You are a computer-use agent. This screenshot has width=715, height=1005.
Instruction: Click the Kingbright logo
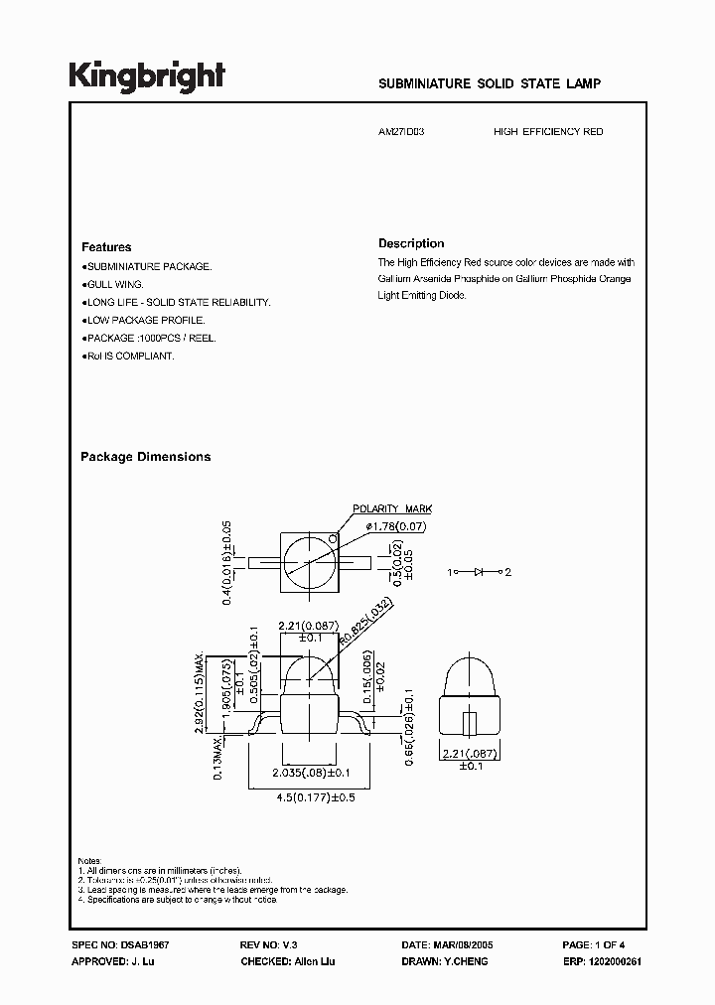147,76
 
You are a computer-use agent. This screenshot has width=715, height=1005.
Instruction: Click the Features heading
106,247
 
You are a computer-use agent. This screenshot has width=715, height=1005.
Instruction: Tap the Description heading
411,243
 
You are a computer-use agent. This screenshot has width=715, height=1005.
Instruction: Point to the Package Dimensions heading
145,457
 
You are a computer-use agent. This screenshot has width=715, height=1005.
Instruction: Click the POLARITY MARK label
393,508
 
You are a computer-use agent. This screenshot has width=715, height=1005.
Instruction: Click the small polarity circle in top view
333,542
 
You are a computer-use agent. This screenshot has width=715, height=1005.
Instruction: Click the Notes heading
90,859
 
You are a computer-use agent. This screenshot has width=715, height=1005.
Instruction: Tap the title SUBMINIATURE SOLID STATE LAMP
490,85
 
